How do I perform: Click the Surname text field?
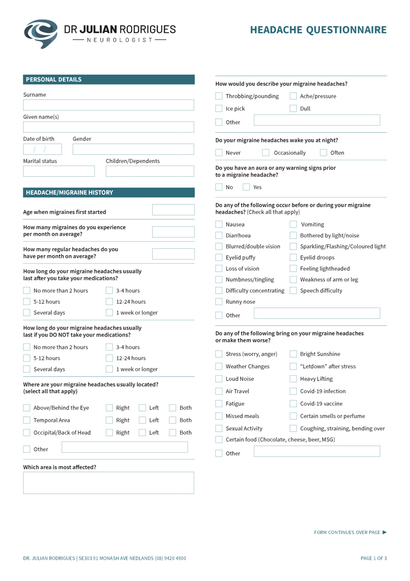tap(108, 105)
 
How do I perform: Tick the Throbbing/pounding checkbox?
tap(219, 96)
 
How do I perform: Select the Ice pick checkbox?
tap(219, 108)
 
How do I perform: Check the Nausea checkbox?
tap(219, 224)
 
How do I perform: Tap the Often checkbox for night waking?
tap(323, 153)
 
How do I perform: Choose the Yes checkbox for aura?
tap(247, 187)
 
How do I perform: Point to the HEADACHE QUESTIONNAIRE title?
tap(318, 31)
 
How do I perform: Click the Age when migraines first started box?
tap(173, 210)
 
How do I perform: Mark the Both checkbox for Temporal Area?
tap(173, 420)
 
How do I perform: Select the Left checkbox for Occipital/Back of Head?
tap(143, 432)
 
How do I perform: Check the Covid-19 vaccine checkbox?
tap(293, 403)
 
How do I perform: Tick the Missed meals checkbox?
tap(219, 416)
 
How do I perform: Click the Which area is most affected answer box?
tap(108, 483)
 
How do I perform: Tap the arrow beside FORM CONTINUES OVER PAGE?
tap(384, 533)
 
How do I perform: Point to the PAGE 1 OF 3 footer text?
tap(373, 558)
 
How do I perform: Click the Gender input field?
tap(133, 149)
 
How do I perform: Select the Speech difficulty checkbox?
tap(293, 290)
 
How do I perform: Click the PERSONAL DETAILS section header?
tap(108, 80)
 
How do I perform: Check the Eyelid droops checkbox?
tap(293, 258)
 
